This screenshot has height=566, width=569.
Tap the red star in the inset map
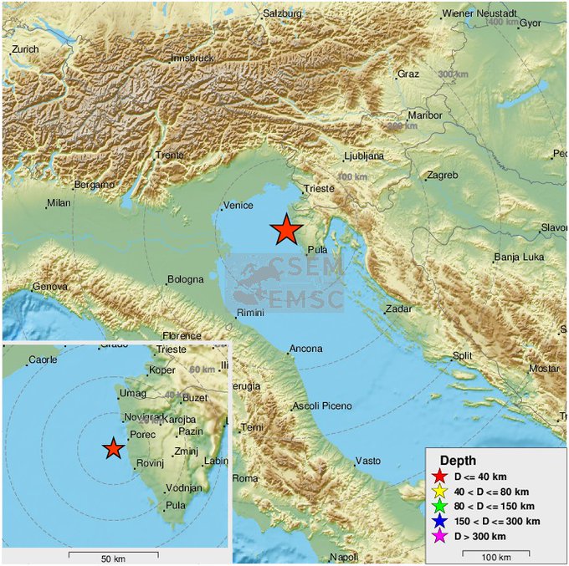(114, 449)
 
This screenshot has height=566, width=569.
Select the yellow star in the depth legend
(439, 492)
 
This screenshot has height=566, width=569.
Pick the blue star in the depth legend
(439, 521)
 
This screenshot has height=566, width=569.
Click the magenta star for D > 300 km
(439, 536)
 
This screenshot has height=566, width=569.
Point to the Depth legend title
(459, 461)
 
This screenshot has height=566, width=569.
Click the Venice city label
(238, 207)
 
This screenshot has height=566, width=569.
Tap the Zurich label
(25, 49)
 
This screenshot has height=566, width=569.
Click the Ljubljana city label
(364, 156)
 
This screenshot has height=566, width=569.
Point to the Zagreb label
(443, 176)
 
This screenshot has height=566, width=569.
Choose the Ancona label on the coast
(305, 349)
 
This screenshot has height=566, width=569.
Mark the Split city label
(463, 355)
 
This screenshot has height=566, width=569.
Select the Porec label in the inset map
(138, 434)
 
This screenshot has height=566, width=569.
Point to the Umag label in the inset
(132, 393)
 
